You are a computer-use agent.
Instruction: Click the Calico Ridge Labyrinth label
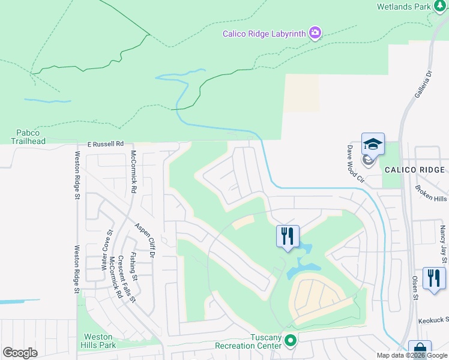[x=264, y=34]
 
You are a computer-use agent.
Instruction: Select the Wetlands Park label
[x=403, y=7]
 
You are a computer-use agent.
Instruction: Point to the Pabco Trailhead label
[x=28, y=137]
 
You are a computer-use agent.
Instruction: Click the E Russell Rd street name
[x=105, y=144]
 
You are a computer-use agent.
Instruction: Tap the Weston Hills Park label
[x=98, y=341]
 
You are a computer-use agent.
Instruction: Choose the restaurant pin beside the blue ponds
[x=287, y=235]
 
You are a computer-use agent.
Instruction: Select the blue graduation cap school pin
[x=373, y=145]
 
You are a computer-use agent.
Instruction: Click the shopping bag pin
[x=420, y=350]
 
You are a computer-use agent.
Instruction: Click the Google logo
[x=20, y=353]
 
